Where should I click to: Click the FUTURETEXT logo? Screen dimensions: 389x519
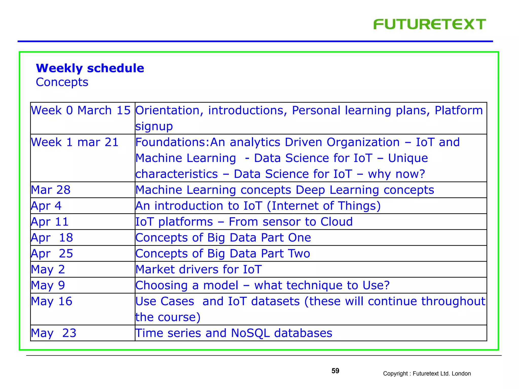[429, 24]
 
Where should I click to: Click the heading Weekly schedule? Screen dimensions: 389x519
[90, 68]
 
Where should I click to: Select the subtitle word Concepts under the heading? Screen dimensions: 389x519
[62, 82]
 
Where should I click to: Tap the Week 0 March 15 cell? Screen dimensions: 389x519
[81, 110]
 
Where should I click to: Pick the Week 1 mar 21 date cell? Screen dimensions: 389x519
[75, 142]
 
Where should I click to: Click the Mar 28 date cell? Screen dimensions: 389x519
[51, 190]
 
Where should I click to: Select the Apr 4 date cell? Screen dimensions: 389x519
[46, 206]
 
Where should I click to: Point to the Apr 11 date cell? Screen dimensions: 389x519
[50, 222]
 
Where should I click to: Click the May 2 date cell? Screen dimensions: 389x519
[48, 269]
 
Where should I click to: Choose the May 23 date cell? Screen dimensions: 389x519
[53, 333]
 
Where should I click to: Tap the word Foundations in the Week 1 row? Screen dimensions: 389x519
[171, 142]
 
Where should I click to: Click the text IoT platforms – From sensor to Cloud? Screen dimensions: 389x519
[244, 222]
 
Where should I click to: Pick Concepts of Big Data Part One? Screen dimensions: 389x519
[223, 238]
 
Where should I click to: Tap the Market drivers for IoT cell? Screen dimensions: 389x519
[198, 269]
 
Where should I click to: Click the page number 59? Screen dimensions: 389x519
[335, 371]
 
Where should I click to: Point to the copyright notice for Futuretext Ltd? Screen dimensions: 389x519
[427, 374]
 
